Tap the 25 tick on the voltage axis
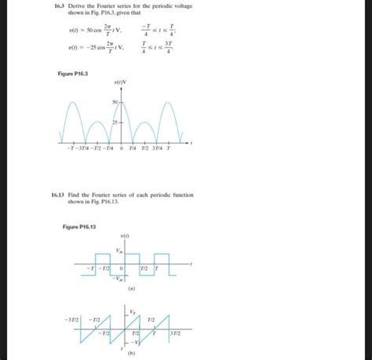tap(115, 123)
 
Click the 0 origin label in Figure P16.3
tap(122, 151)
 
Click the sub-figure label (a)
tap(123, 289)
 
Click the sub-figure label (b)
tap(123, 354)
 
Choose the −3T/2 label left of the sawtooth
tap(71, 319)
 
